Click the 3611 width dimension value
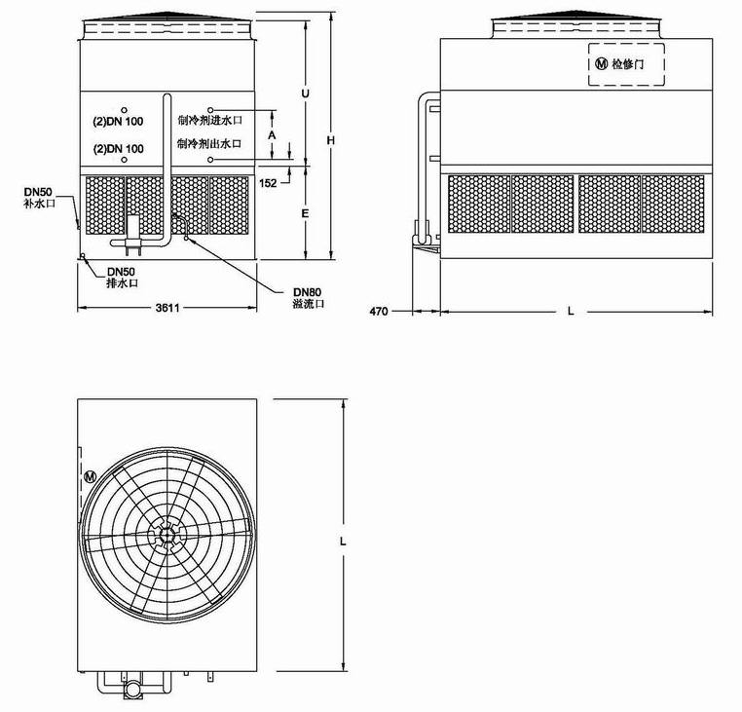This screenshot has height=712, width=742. (167, 308)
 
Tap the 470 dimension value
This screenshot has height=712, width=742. (379, 312)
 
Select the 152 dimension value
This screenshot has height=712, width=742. (268, 183)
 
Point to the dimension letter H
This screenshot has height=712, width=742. (331, 140)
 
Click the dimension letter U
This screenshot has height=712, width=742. (305, 94)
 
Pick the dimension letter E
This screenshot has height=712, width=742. (305, 214)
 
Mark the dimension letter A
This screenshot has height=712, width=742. (272, 135)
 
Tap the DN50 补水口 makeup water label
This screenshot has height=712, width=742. (39, 198)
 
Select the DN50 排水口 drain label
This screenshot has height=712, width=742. (122, 278)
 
